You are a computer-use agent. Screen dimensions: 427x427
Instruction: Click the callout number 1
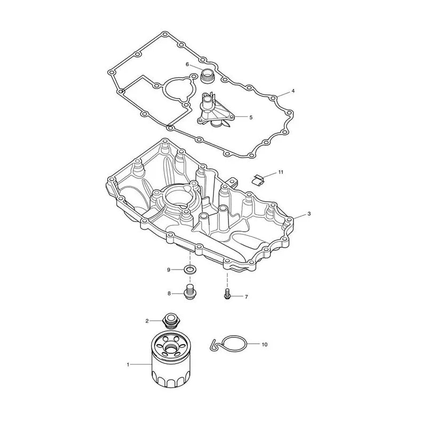[128, 365]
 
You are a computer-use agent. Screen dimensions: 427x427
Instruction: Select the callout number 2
[147, 321]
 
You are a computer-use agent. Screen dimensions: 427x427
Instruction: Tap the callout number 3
[309, 214]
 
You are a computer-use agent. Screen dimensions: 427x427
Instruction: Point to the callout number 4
[293, 91]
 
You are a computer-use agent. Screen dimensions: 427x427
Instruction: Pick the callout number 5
[251, 117]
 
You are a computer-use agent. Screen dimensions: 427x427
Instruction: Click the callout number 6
[187, 65]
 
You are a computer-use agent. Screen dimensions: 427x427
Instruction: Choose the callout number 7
[246, 297]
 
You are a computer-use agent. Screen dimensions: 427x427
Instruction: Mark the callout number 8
[169, 294]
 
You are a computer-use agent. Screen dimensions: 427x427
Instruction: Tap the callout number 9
[169, 270]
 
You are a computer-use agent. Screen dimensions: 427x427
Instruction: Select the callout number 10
[264, 344]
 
